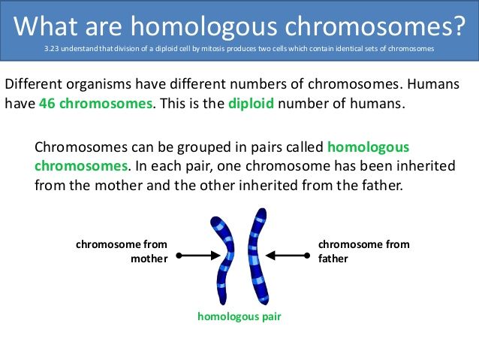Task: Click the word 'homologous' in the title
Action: pyautogui.click(x=204, y=26)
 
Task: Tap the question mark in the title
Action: pyautogui.click(x=458, y=26)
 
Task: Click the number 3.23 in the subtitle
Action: pyautogui.click(x=52, y=49)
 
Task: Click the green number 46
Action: pyautogui.click(x=47, y=104)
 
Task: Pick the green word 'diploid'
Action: pyautogui.click(x=251, y=104)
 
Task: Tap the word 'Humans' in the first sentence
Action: pyautogui.click(x=433, y=84)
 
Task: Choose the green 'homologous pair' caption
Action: pyautogui.click(x=239, y=316)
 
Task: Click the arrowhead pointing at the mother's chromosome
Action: pyautogui.click(x=215, y=256)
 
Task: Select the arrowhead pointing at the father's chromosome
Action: pyautogui.click(x=270, y=256)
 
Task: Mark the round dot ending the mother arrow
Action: pyautogui.click(x=179, y=256)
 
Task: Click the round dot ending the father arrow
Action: pyautogui.click(x=307, y=256)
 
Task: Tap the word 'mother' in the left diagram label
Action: pyautogui.click(x=149, y=259)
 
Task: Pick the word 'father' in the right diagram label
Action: pyautogui.click(x=333, y=259)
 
